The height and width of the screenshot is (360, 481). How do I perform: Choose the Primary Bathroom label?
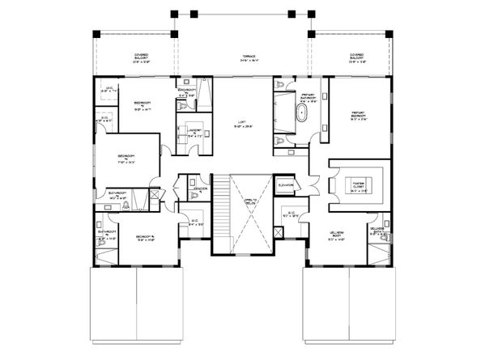coord(308,97)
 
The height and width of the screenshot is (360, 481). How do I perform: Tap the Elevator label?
coord(285,185)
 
